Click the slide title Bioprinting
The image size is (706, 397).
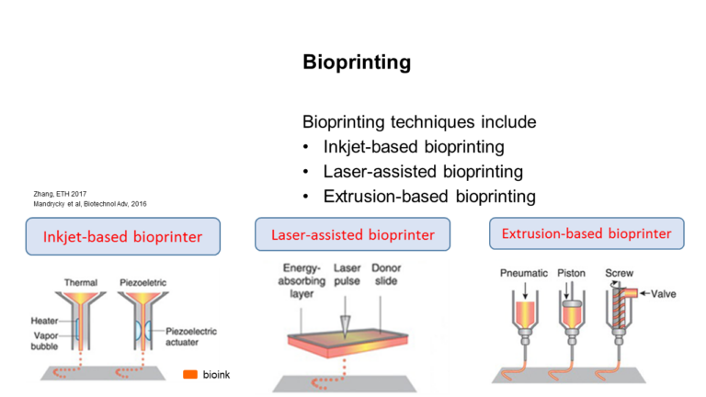click(357, 62)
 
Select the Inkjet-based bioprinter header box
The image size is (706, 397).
click(123, 236)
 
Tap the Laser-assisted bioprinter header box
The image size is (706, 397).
click(353, 234)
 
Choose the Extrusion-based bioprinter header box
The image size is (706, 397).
click(586, 233)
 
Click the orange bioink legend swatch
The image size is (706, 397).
click(190, 375)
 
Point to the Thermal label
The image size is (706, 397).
click(81, 283)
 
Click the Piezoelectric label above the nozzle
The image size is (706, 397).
click(142, 283)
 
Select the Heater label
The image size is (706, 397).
click(44, 321)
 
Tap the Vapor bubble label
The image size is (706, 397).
click(44, 341)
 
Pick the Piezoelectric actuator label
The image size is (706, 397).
click(191, 336)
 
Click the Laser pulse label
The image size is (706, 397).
click(347, 274)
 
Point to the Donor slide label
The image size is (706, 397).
click(386, 274)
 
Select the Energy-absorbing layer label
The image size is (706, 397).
click(302, 281)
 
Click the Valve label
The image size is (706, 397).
click(663, 294)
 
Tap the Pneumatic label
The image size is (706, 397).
click(524, 273)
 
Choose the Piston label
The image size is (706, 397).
click(572, 273)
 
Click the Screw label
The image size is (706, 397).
click(619, 273)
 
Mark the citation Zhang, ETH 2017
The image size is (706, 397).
click(60, 194)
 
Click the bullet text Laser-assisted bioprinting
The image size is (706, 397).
click(423, 172)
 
